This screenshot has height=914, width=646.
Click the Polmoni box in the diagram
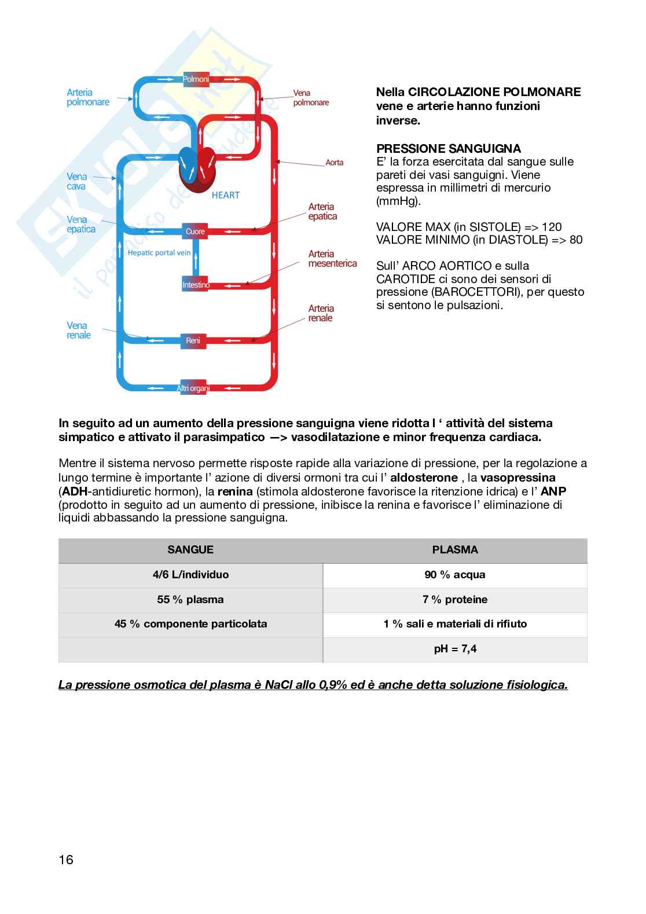[x=196, y=79]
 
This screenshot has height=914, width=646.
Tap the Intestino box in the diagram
[x=196, y=285]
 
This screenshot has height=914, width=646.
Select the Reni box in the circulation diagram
[x=193, y=340]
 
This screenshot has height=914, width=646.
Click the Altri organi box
[x=193, y=388]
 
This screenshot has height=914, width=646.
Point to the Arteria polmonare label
[x=88, y=97]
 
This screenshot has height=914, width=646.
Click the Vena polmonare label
[x=311, y=97]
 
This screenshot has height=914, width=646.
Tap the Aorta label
[x=335, y=163]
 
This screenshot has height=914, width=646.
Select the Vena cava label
[x=76, y=181]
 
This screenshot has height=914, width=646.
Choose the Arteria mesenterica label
[x=332, y=259]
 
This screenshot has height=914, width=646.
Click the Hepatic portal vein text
[x=159, y=252]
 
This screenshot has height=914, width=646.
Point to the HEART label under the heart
[x=225, y=195]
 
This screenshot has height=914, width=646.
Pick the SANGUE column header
[x=190, y=550]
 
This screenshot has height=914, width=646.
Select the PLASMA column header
[x=455, y=550]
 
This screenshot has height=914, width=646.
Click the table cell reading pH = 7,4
[x=455, y=649]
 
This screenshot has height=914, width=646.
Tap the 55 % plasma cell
[x=190, y=600]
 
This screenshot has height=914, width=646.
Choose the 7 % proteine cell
[x=455, y=600]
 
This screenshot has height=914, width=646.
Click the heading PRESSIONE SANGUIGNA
[x=449, y=149]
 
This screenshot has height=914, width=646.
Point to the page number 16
[x=66, y=860]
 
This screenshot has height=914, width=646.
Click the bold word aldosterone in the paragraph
[x=424, y=478]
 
